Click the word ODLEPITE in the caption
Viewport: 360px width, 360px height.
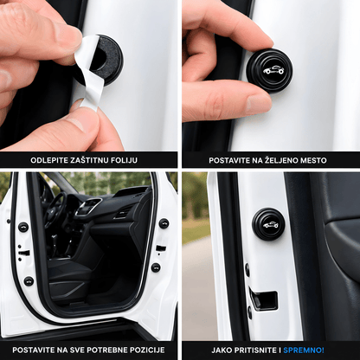click(49, 160)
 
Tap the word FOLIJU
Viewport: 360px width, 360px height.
click(125, 160)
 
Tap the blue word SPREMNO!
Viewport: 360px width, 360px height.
click(304, 350)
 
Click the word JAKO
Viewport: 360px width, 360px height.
click(222, 350)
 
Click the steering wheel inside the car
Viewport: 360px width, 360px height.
click(56, 209)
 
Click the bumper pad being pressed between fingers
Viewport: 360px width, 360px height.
click(269, 70)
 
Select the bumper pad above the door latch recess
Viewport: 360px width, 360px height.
click(268, 224)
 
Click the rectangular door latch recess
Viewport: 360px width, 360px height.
click(264, 300)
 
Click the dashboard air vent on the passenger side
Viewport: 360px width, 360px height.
click(122, 213)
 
